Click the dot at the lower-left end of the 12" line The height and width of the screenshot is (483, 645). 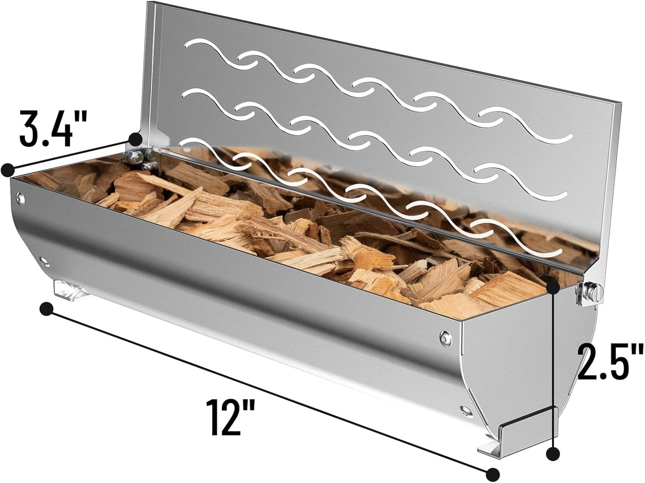point(46,309)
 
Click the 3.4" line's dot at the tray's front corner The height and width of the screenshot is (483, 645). point(8,170)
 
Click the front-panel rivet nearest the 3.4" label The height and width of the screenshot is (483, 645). point(19,197)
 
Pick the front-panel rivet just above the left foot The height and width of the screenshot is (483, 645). point(44,260)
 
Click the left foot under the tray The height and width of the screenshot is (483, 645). point(71,290)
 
